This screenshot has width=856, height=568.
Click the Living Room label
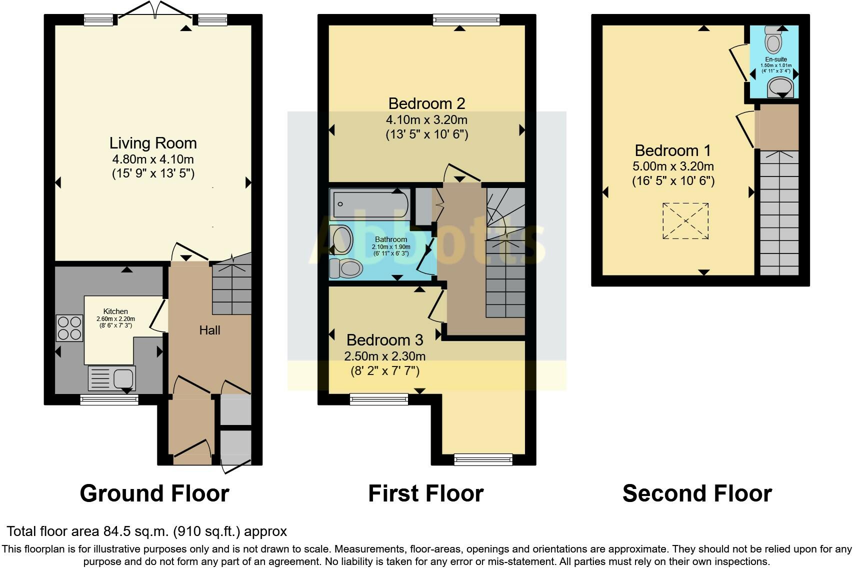[x=153, y=143]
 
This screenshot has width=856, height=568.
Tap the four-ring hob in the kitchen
[x=69, y=327]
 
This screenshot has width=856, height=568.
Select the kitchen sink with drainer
[x=112, y=378]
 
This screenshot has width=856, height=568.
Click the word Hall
[x=209, y=330]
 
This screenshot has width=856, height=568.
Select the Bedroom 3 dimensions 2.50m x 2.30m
[x=384, y=356]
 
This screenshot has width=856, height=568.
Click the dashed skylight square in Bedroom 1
[x=685, y=221]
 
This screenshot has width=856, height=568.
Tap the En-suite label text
[x=776, y=59]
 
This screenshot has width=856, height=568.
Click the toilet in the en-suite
[x=773, y=39]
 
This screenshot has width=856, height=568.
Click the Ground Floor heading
[x=154, y=493]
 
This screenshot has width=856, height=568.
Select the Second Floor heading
[x=697, y=493]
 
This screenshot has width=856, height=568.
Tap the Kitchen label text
[x=115, y=311]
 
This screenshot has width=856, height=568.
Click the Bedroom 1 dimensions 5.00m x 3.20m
[x=673, y=166]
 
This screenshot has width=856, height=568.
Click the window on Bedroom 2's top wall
[x=466, y=20]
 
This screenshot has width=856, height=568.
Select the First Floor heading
[x=425, y=493]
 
